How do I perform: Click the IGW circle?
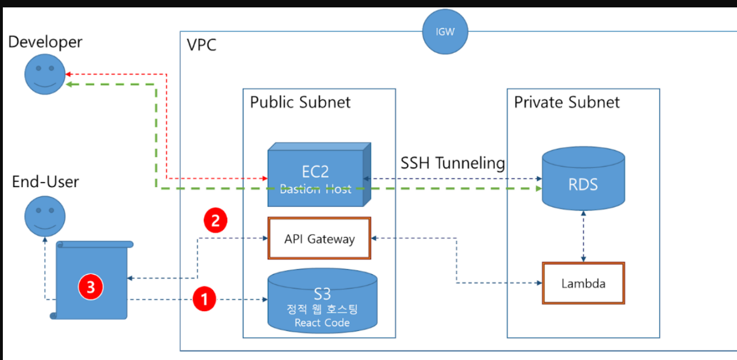pyautogui.click(x=445, y=32)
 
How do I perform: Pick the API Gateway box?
pyautogui.click(x=319, y=238)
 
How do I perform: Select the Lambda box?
pyautogui.click(x=583, y=283)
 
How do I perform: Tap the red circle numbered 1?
pyautogui.click(x=205, y=299)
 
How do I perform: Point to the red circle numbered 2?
pyautogui.click(x=215, y=221)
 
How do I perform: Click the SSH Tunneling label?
pyautogui.click(x=453, y=163)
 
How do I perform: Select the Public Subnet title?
pyautogui.click(x=300, y=102)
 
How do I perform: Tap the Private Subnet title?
pyautogui.click(x=566, y=102)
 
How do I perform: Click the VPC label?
pyautogui.click(x=202, y=44)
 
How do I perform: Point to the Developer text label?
pyautogui.click(x=45, y=42)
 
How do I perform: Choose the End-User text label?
pyautogui.click(x=45, y=183)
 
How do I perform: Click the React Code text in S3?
pyautogui.click(x=322, y=323)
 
